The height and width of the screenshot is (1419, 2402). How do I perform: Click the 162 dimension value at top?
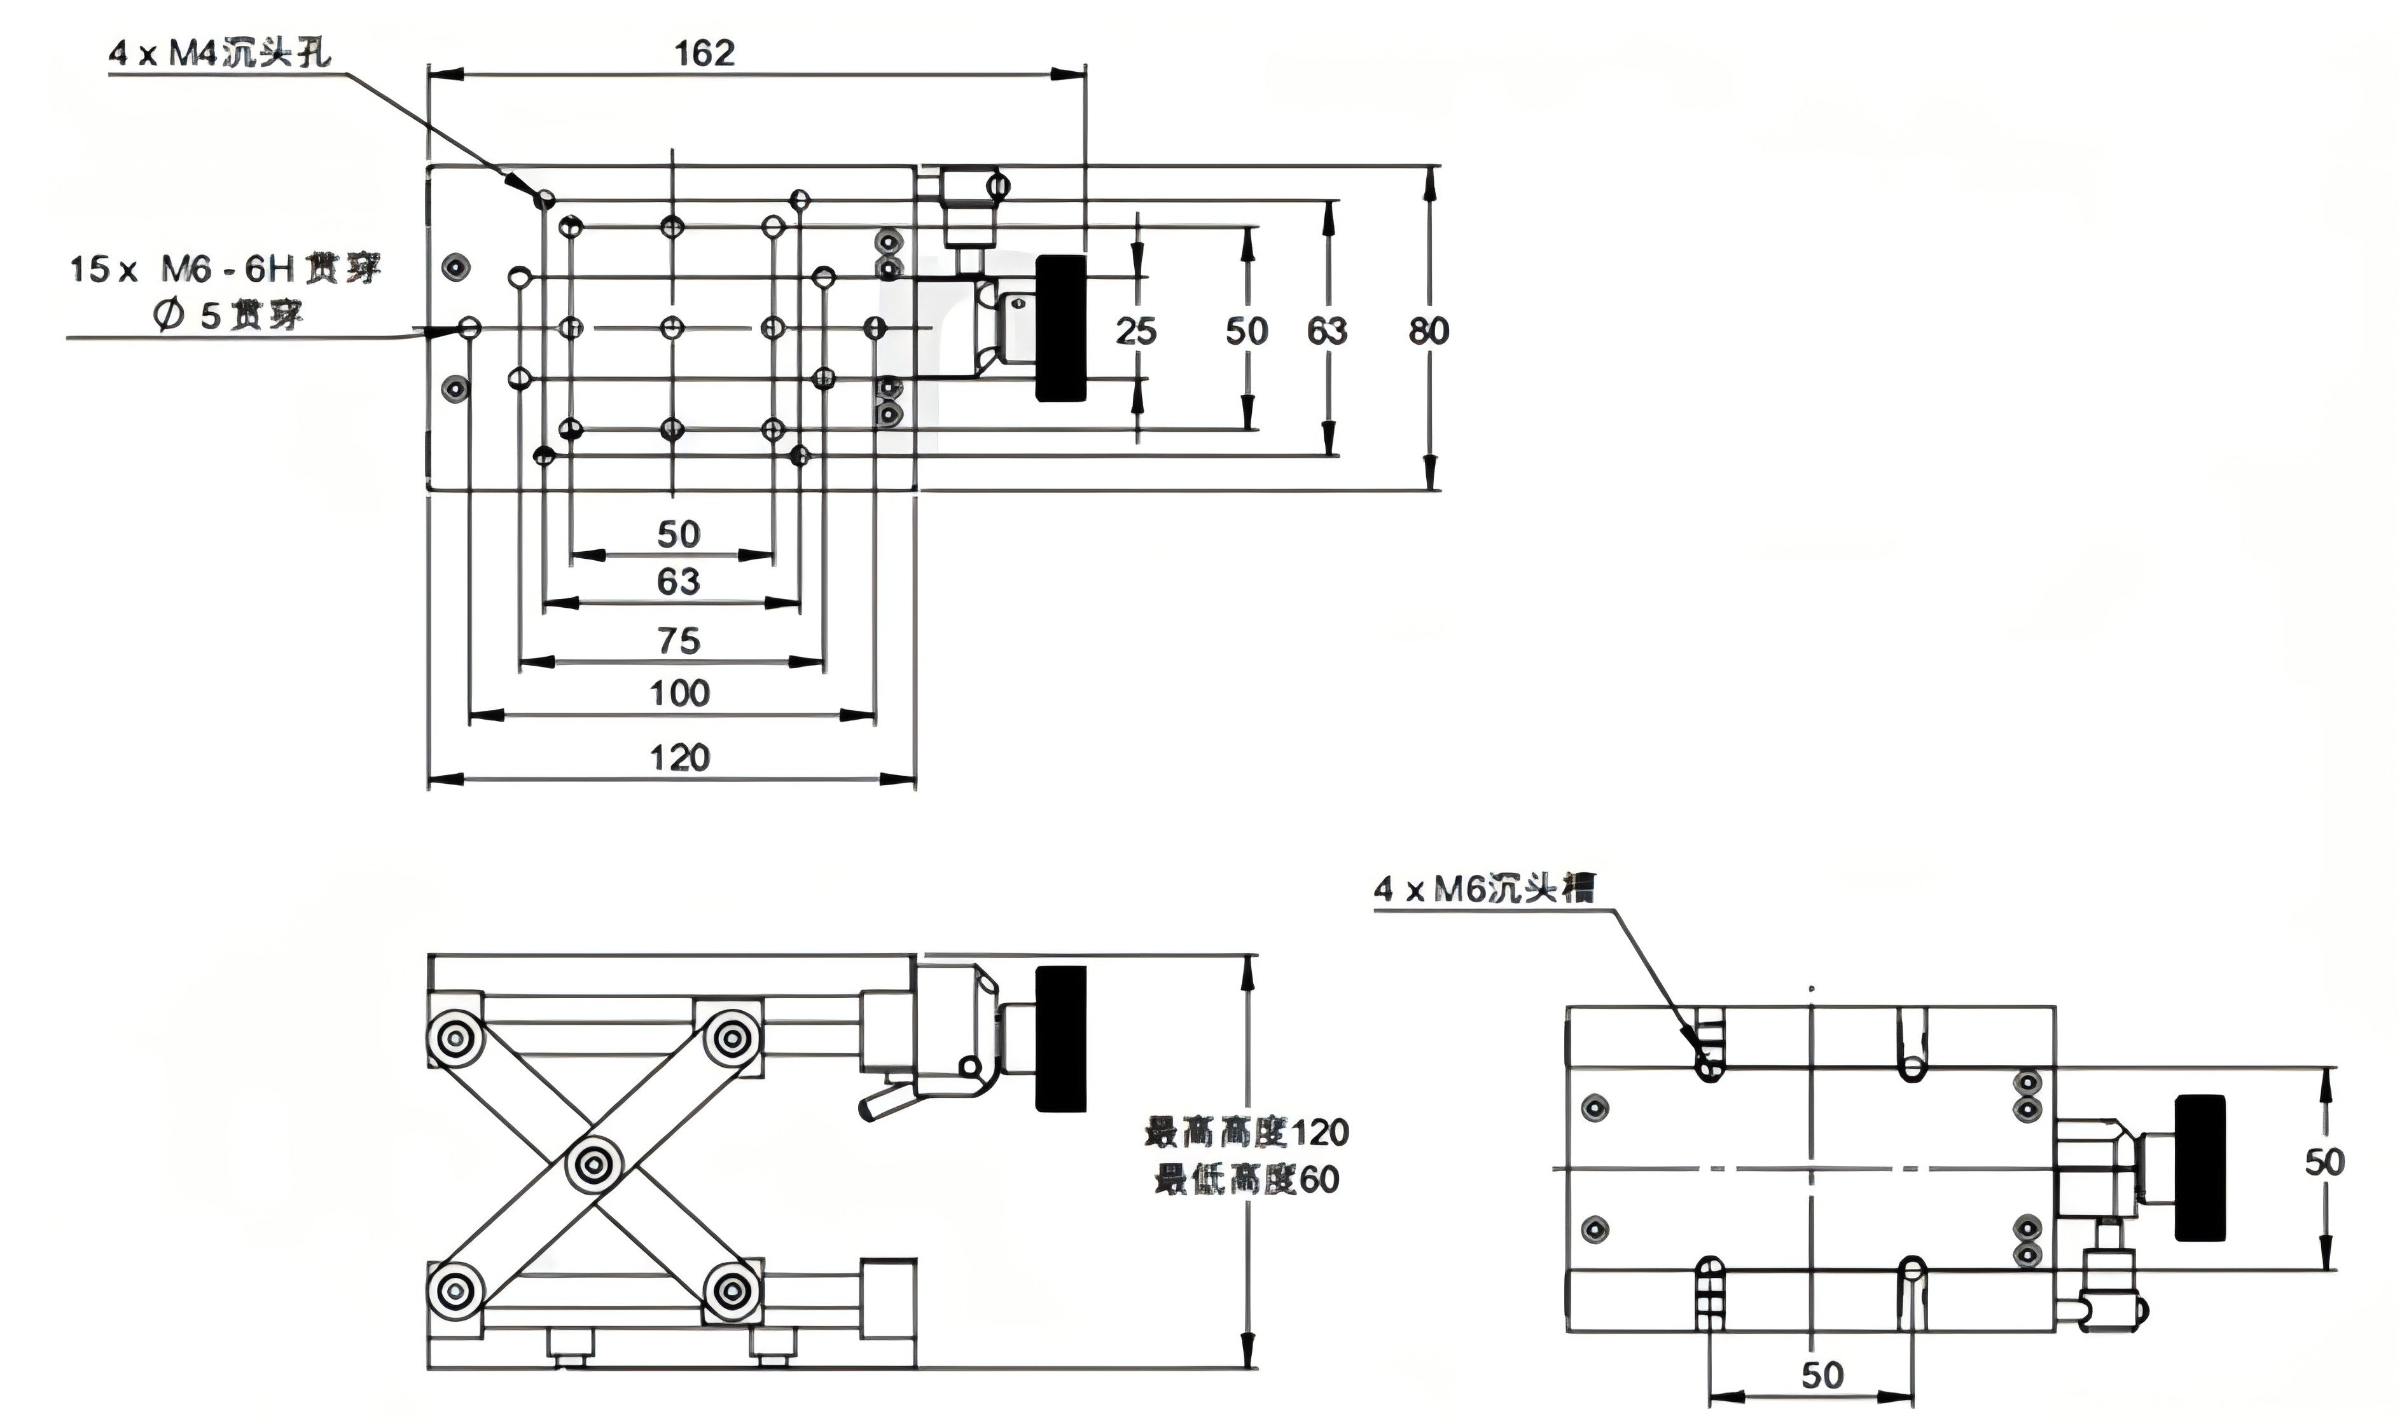(x=705, y=53)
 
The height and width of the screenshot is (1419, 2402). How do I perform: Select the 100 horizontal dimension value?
(x=680, y=692)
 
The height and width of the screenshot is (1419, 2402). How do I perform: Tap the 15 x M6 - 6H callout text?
(x=225, y=269)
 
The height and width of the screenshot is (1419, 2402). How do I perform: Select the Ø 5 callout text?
(x=228, y=315)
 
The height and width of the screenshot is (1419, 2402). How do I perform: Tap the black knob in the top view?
(x=1061, y=328)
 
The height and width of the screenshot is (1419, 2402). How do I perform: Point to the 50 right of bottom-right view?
(x=2324, y=1162)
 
